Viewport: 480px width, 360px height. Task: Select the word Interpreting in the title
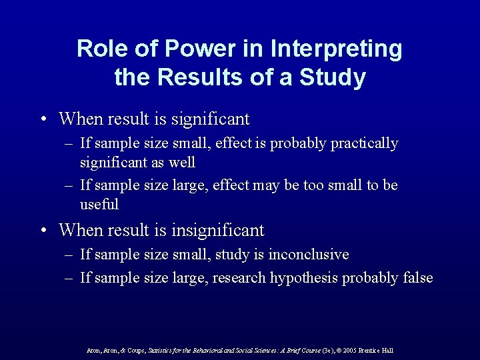click(336, 49)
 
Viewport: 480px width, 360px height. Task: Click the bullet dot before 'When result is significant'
click(43, 120)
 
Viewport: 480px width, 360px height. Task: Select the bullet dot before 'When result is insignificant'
click(43, 231)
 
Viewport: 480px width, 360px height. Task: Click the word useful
click(99, 205)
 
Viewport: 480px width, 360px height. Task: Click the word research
click(239, 278)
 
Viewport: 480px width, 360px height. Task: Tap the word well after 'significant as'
click(182, 163)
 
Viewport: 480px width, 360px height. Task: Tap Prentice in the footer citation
click(370, 350)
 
